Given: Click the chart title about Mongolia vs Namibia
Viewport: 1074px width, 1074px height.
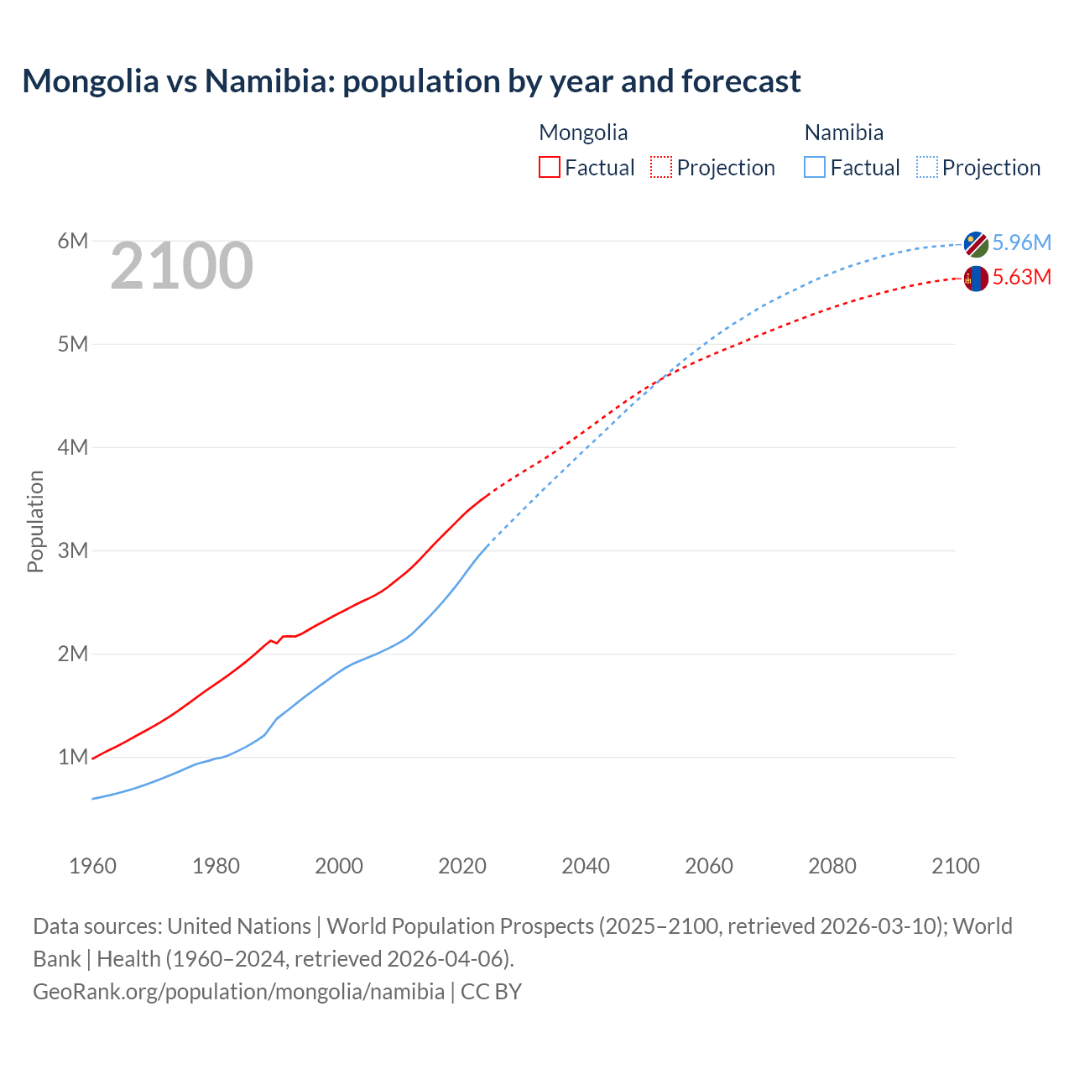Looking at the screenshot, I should tap(411, 81).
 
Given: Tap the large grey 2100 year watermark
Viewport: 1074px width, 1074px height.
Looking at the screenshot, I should tap(181, 266).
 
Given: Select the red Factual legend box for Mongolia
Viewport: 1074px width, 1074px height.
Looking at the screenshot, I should tap(550, 167).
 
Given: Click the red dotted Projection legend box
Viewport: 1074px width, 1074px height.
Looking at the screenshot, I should tap(661, 167).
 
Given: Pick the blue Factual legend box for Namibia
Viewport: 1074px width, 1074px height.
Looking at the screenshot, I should tap(815, 167).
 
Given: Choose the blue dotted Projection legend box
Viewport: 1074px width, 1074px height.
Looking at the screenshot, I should tap(926, 167).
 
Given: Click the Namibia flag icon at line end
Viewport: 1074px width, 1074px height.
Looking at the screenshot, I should tap(976, 244).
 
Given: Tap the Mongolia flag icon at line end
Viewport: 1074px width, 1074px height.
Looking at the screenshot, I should tap(976, 279).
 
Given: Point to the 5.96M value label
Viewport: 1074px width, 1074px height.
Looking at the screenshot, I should tap(1021, 242).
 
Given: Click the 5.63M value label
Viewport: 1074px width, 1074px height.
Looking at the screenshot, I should tap(1021, 277).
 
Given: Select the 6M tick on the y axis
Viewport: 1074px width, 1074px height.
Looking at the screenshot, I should tap(73, 242).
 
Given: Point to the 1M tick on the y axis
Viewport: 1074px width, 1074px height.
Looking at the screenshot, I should tap(73, 757).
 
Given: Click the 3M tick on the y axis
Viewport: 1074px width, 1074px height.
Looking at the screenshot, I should tap(73, 550).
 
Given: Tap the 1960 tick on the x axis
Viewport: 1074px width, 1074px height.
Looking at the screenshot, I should tap(92, 866).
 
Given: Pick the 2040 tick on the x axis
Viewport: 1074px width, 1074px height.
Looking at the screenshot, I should tap(586, 866).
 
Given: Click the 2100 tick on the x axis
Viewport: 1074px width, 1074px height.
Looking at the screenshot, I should tap(955, 866).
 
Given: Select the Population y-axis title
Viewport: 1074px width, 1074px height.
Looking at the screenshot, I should tap(35, 521).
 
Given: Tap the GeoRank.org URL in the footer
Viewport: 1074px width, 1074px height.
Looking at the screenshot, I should tap(238, 992).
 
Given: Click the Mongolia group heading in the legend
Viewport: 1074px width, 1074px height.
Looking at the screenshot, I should tap(583, 133).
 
